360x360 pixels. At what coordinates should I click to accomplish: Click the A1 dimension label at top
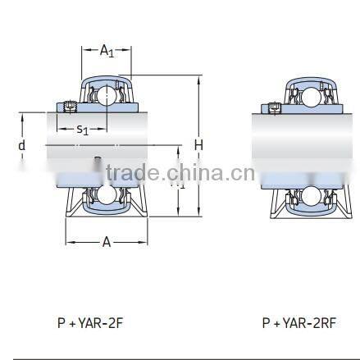pyautogui.click(x=107, y=51)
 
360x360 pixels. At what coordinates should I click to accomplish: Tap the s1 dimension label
pyautogui.click(x=83, y=129)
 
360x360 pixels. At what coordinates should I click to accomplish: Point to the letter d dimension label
pyautogui.click(x=22, y=145)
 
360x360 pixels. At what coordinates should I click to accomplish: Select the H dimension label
pyautogui.click(x=198, y=145)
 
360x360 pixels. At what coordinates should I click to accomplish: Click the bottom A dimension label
pyautogui.click(x=107, y=241)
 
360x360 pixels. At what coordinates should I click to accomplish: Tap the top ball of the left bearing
pyautogui.click(x=107, y=98)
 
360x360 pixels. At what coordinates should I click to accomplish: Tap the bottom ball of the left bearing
pyautogui.click(x=107, y=195)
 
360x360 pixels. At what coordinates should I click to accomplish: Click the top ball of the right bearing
pyautogui.click(x=308, y=98)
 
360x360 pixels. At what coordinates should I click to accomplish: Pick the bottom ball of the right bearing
pyautogui.click(x=308, y=195)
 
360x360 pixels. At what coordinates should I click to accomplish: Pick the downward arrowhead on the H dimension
pyautogui.click(x=198, y=215)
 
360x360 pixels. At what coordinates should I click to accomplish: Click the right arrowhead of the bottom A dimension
pyautogui.click(x=145, y=241)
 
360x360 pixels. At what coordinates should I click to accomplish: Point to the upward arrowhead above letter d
pyautogui.click(x=22, y=116)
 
